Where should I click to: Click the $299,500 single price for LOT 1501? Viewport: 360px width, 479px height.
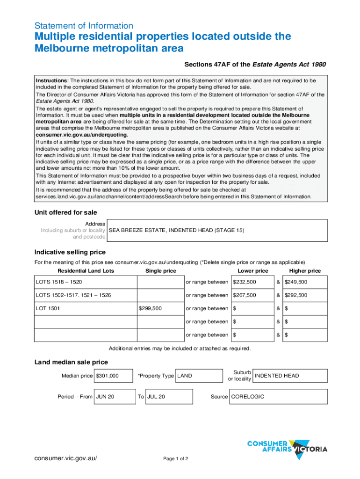[x=151, y=308]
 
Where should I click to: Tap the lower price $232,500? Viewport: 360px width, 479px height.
[x=245, y=282]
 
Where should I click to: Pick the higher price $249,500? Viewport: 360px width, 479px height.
[x=296, y=282]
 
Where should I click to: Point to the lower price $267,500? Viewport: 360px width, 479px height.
[x=245, y=295]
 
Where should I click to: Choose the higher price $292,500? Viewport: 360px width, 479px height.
[x=296, y=295]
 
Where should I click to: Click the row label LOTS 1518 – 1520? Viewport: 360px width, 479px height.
[x=59, y=282]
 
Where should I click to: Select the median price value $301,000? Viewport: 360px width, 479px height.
[x=107, y=376]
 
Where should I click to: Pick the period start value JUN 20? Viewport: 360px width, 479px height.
[x=105, y=397]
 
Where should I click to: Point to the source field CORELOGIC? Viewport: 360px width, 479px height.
[x=248, y=397]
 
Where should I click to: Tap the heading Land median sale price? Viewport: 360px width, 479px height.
[x=71, y=362]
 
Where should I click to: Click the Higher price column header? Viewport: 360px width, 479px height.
[x=305, y=271]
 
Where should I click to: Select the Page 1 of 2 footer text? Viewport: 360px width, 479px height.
[x=176, y=458]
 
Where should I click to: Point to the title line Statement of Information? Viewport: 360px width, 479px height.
[x=84, y=26]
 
